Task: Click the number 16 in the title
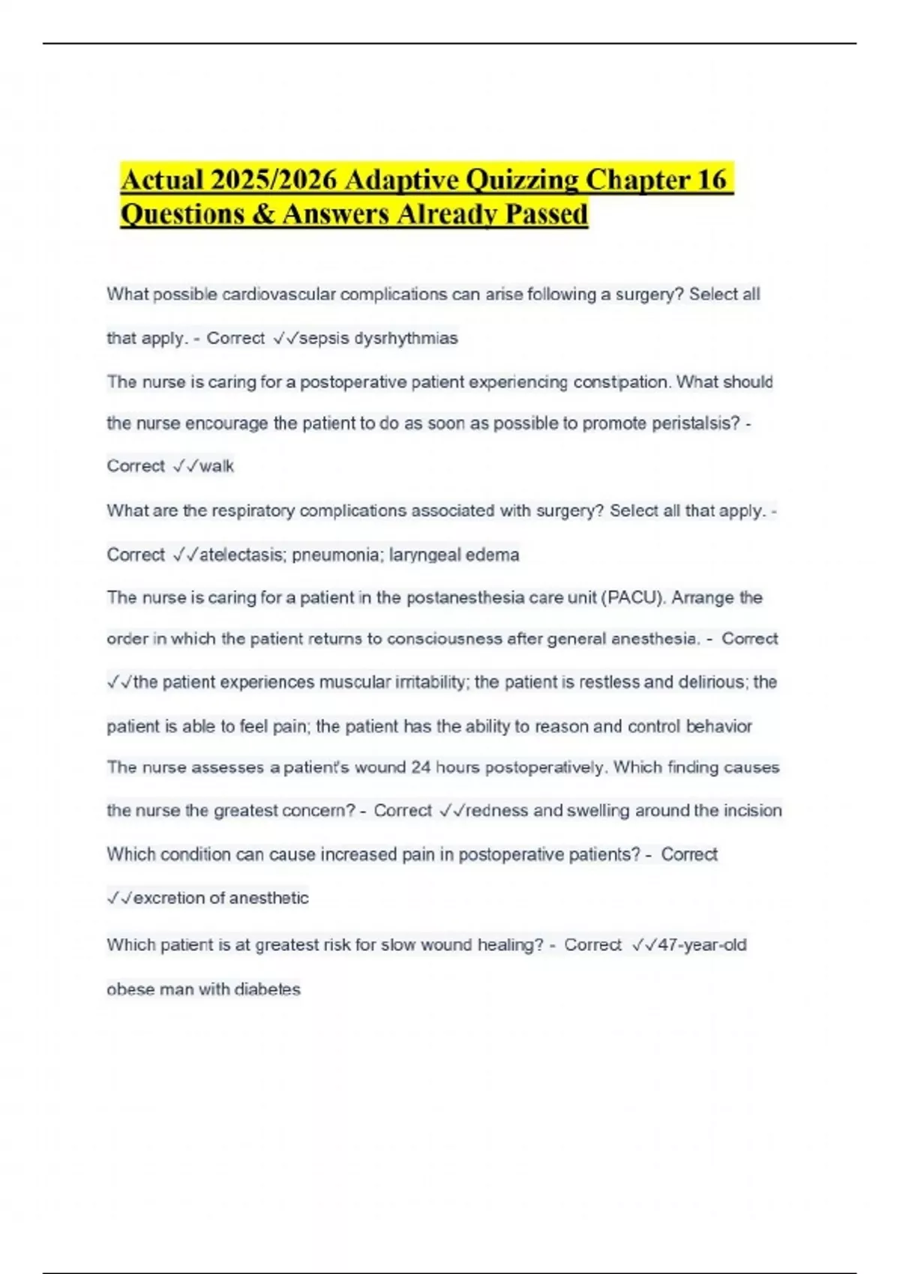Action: click(712, 180)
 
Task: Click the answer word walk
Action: click(217, 466)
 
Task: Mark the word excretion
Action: click(169, 898)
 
